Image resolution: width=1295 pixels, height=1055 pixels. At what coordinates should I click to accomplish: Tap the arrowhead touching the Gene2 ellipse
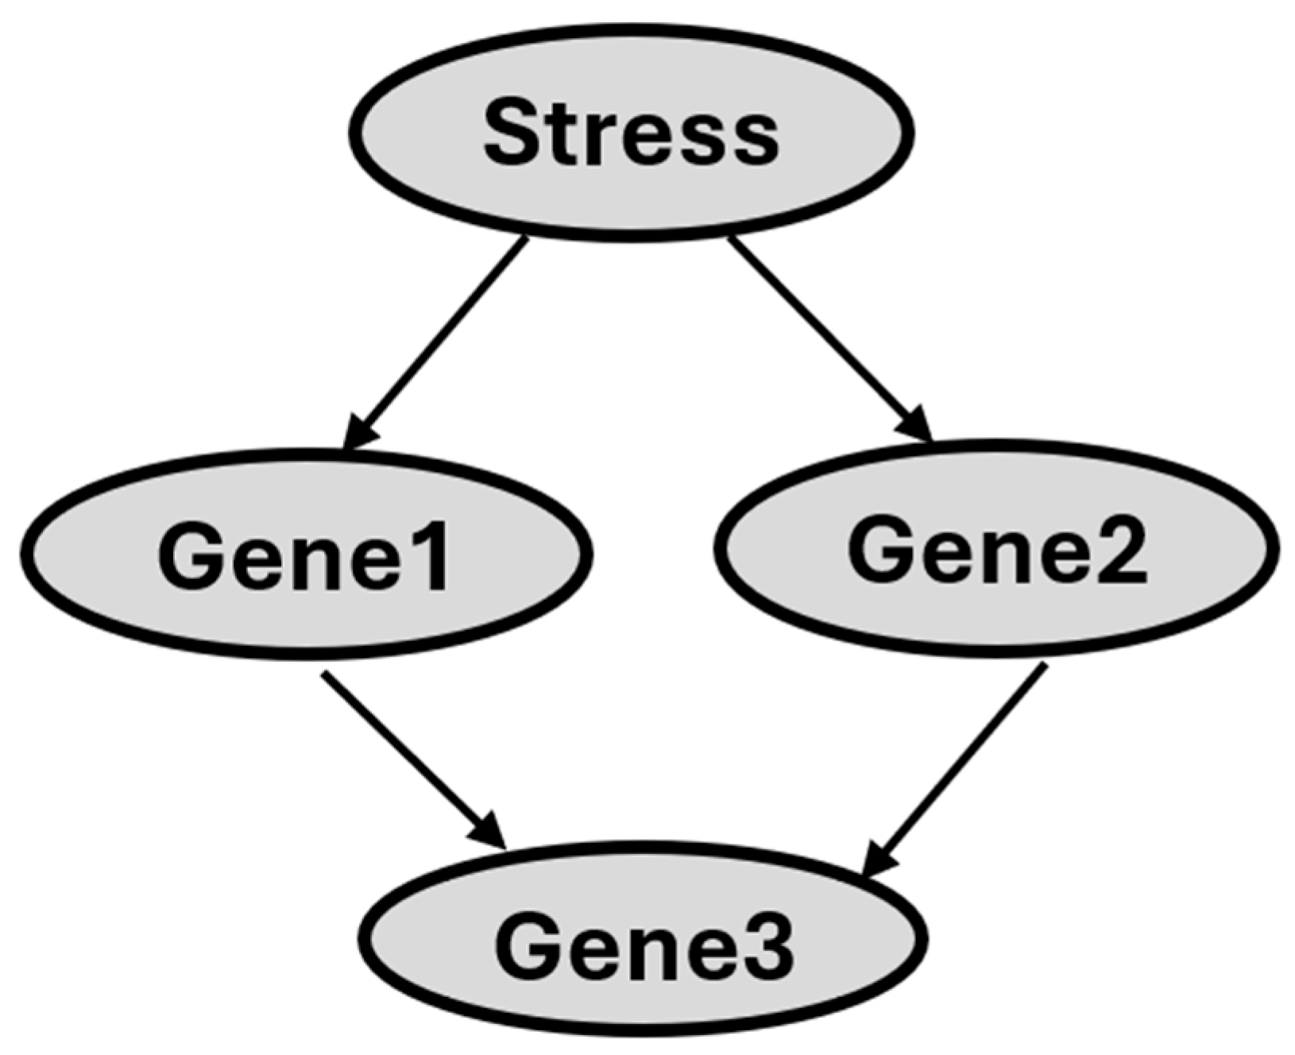pyautogui.click(x=918, y=424)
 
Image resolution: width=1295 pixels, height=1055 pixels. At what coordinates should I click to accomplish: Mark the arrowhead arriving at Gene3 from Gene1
pyautogui.click(x=489, y=830)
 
